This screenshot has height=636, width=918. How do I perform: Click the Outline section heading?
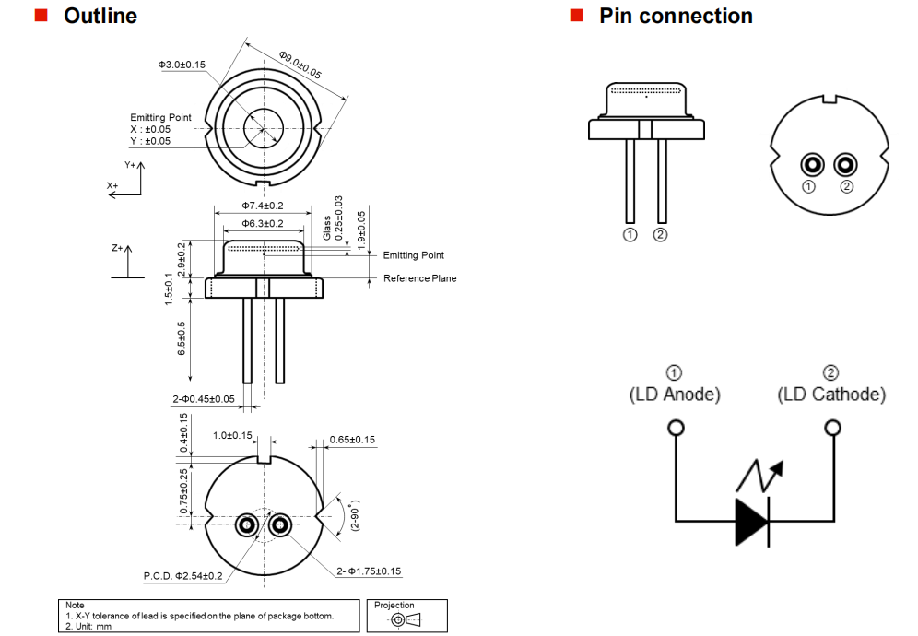(x=100, y=16)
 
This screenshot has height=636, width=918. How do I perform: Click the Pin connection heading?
(x=675, y=16)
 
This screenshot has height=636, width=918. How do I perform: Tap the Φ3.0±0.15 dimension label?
(x=182, y=65)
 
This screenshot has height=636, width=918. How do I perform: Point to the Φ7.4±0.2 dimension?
(x=263, y=206)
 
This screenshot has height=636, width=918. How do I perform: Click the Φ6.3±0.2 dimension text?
(x=263, y=224)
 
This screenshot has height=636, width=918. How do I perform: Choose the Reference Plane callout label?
(x=419, y=278)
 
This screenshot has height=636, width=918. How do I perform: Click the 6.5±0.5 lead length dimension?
(x=182, y=338)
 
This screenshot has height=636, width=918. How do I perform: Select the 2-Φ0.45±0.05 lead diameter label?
(x=204, y=399)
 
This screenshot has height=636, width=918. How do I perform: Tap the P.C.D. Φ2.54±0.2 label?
(x=182, y=576)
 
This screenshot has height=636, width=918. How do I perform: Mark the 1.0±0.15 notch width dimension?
(x=232, y=435)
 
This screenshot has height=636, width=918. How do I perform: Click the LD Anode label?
(x=675, y=395)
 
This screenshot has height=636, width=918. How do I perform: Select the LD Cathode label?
(x=831, y=395)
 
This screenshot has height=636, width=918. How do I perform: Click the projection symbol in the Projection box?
(x=406, y=619)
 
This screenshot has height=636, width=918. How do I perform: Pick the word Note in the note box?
(x=75, y=606)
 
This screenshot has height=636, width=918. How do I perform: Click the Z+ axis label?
(x=116, y=248)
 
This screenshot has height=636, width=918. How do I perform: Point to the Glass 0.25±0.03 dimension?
(x=333, y=218)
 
